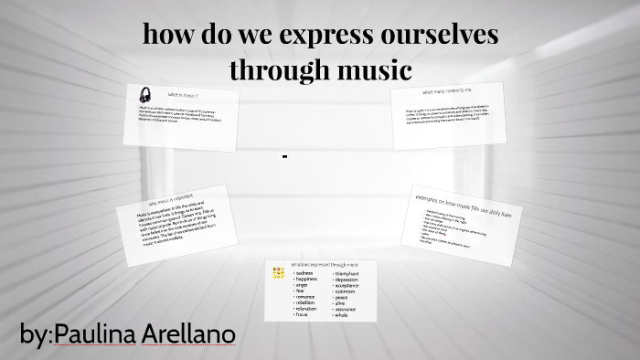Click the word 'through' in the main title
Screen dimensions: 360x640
click(272, 69)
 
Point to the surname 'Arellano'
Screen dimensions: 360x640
click(189, 334)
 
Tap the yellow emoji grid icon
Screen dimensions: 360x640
click(278, 272)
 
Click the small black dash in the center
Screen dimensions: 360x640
click(285, 156)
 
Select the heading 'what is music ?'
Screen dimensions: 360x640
click(182, 95)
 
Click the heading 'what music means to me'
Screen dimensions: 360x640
click(446, 91)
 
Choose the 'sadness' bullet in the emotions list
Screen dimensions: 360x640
click(304, 273)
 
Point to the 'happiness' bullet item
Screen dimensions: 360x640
click(307, 280)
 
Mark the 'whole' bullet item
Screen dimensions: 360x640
click(341, 315)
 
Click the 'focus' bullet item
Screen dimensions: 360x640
click(302, 315)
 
